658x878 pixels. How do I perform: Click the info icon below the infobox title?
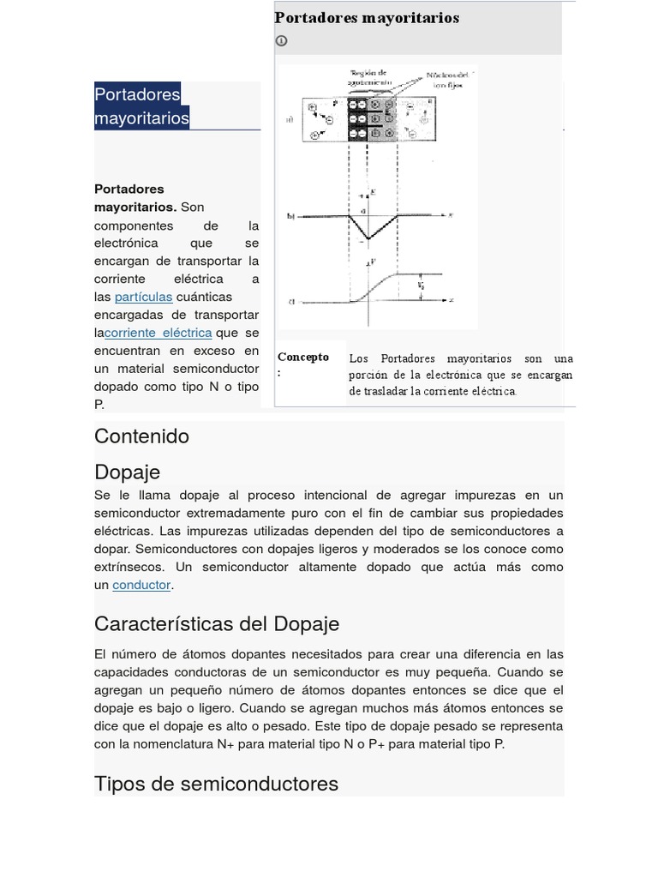coord(281,40)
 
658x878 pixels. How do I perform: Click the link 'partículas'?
coord(143,297)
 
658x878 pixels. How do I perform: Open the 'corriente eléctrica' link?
coord(159,333)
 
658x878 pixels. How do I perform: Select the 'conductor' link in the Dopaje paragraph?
coord(141,585)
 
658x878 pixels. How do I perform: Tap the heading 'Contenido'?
coord(141,436)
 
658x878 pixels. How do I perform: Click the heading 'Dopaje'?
coord(127,472)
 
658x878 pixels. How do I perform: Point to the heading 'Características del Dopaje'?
coord(217,623)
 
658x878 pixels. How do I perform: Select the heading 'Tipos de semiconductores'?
coord(216,783)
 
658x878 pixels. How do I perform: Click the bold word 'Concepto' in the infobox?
coord(302,358)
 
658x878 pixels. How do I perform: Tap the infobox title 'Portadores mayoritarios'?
coord(367,18)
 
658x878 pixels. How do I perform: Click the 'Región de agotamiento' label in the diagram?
coord(368,76)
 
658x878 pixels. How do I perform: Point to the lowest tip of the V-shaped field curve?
coord(368,239)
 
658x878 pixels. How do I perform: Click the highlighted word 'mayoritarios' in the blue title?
coord(141,117)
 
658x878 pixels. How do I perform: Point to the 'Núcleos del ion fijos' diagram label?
coord(446,80)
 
